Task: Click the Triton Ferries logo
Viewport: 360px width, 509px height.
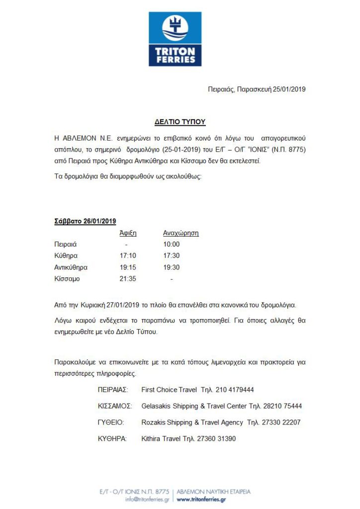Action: click(x=175, y=39)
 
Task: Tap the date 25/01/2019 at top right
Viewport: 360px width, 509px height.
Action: click(x=289, y=89)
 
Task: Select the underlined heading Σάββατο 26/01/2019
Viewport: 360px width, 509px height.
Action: click(x=85, y=221)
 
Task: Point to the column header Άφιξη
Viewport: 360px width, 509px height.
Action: click(x=128, y=233)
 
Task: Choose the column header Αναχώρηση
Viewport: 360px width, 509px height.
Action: click(x=181, y=233)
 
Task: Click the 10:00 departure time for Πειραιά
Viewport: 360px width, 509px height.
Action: click(x=172, y=245)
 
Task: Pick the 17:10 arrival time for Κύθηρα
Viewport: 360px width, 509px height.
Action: click(x=128, y=256)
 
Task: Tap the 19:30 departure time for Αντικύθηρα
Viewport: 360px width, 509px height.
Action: click(x=172, y=267)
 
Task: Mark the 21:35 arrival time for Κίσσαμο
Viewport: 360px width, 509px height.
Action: click(x=128, y=279)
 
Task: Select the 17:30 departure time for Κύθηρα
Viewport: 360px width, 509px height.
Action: click(x=172, y=256)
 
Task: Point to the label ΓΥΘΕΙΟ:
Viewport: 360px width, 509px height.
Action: click(x=111, y=423)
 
